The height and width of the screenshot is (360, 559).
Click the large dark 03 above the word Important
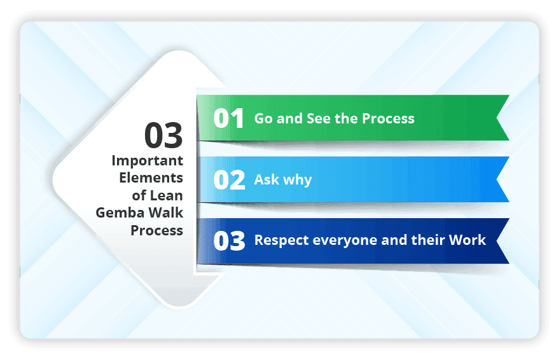coord(163,135)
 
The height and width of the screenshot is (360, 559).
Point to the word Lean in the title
coord(167,195)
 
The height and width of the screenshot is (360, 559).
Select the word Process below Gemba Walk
coord(156,230)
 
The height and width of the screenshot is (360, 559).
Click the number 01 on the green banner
coord(229,118)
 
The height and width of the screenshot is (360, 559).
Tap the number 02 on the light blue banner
coord(229,180)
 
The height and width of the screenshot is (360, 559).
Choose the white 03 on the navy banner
coord(229,241)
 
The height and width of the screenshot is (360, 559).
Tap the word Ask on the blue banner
coord(266,179)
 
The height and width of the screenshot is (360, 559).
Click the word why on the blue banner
coord(298,180)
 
